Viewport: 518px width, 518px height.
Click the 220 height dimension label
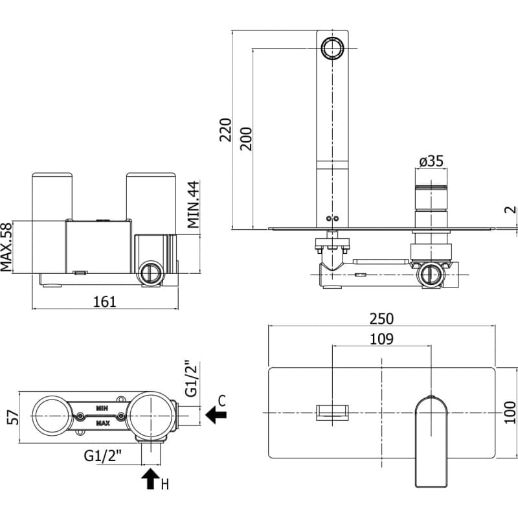pos(226,130)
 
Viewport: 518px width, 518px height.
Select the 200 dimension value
pos(246,139)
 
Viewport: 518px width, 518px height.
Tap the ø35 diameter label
pos(431,161)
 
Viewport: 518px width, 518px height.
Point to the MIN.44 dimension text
pos(193,205)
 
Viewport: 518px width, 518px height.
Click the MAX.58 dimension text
pos(6,247)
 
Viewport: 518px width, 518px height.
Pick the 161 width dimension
pos(105,302)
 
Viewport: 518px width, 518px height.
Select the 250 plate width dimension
pos(381,319)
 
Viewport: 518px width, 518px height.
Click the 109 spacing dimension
pos(381,339)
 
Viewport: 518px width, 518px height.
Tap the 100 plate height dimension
pos(510,412)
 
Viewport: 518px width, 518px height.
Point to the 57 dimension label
pos(14,417)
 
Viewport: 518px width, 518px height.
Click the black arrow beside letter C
pos(216,414)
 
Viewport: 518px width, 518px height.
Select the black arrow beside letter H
pos(151,479)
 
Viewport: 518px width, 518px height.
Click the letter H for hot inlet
pos(165,484)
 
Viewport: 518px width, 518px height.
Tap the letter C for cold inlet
pos(222,400)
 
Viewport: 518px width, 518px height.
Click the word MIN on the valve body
pos(102,409)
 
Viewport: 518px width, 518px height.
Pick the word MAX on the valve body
pos(103,423)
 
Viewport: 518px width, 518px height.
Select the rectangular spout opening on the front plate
pos(332,412)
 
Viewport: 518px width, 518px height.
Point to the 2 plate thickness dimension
pos(511,209)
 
